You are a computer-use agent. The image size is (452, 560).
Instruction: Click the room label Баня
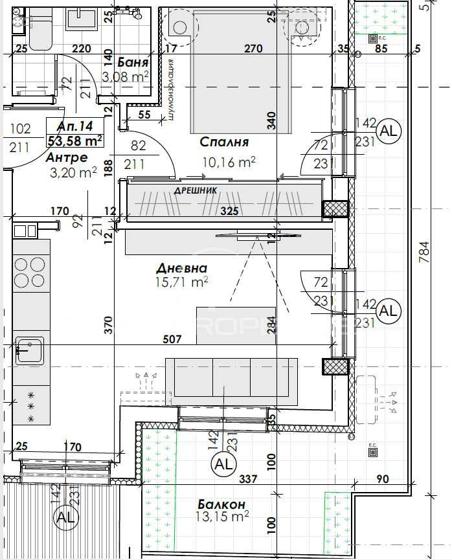click(x=133, y=63)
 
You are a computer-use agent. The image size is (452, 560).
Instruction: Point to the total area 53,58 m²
click(x=76, y=140)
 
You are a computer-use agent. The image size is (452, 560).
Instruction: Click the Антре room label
click(x=66, y=157)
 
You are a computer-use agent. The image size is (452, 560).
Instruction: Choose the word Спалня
click(x=224, y=142)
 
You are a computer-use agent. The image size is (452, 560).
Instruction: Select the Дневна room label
click(x=181, y=268)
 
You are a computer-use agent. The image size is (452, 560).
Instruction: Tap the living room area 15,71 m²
click(x=182, y=282)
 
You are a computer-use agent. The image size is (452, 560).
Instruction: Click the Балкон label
click(x=221, y=504)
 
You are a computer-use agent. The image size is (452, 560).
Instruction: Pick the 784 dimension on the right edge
click(x=424, y=251)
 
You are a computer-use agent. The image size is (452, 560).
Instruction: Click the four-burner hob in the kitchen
click(x=30, y=273)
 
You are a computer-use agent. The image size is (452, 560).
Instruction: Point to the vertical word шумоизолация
click(x=170, y=90)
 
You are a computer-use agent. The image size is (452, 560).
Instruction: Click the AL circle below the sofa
click(x=223, y=464)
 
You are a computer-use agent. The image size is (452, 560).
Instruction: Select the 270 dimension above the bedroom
click(x=253, y=48)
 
